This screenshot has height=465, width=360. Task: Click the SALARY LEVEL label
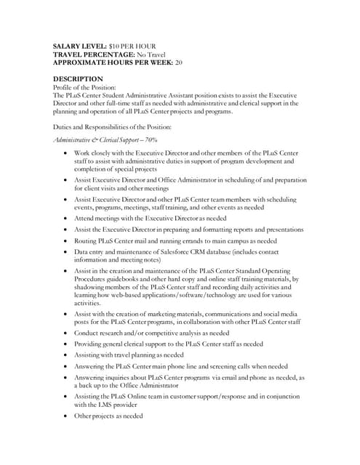[81, 46]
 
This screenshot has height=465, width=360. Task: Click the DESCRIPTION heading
[78, 78]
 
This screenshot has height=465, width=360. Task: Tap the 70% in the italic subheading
[149, 139]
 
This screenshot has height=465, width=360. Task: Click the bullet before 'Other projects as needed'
[66, 416]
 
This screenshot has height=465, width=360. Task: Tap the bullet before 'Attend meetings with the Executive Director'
[66, 217]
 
